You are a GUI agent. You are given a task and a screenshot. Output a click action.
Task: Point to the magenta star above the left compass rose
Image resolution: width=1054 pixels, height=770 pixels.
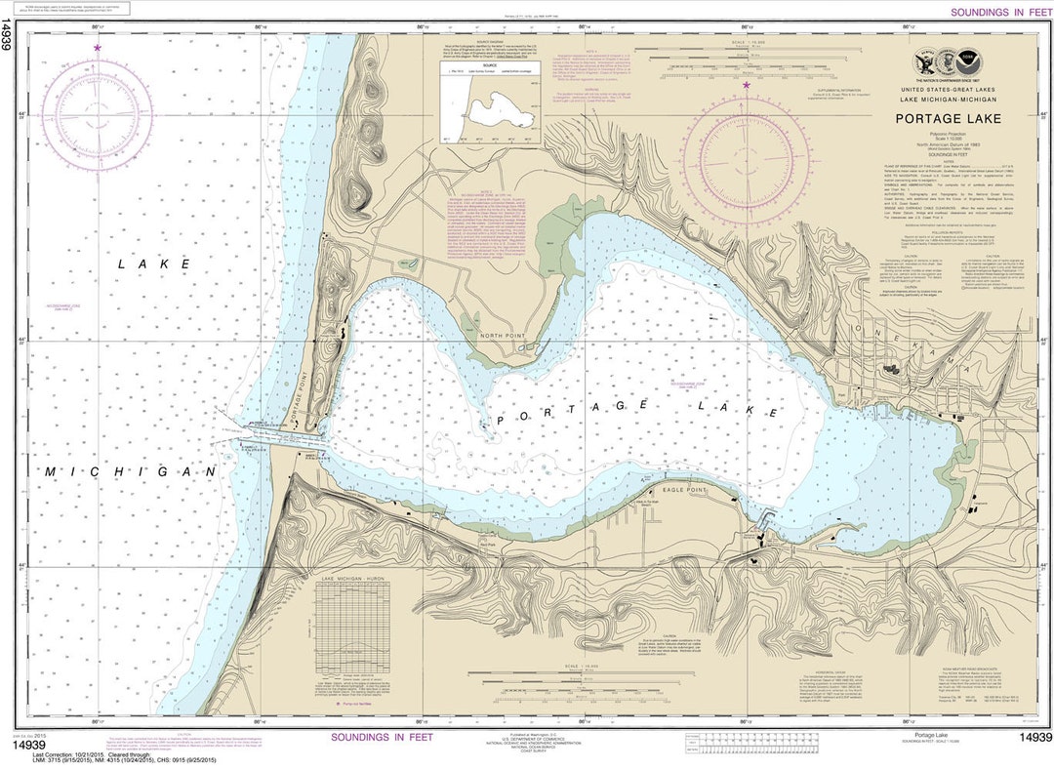pyautogui.click(x=97, y=47)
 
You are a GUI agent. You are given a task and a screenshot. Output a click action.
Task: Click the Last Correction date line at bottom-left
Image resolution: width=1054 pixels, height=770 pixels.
pyautogui.click(x=88, y=754)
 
